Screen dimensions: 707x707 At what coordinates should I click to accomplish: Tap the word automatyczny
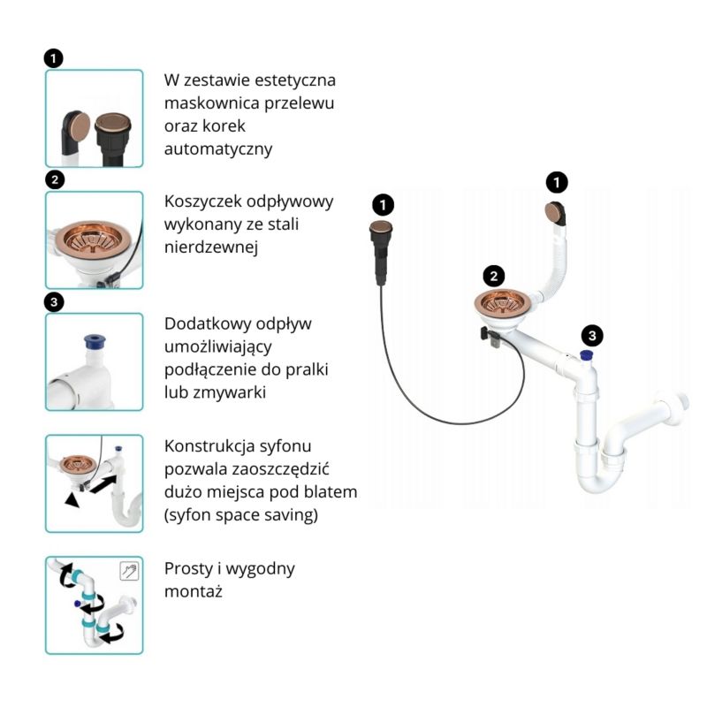(217, 149)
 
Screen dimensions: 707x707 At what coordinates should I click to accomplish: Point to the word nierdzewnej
(210, 247)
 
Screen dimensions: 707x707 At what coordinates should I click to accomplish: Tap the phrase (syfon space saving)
(240, 514)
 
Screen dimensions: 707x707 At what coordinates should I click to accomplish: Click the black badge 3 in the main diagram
(593, 335)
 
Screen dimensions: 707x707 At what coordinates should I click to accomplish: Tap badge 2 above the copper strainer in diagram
(495, 275)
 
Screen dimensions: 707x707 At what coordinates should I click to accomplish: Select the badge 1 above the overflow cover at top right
(557, 182)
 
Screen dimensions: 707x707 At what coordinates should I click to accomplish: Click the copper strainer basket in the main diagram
(501, 304)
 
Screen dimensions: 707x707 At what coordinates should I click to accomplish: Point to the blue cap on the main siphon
(585, 356)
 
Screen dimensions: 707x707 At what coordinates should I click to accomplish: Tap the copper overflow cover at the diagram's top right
(555, 214)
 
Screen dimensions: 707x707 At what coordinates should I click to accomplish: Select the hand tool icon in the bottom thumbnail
(129, 571)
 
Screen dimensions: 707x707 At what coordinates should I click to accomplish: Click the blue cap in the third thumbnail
(90, 340)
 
